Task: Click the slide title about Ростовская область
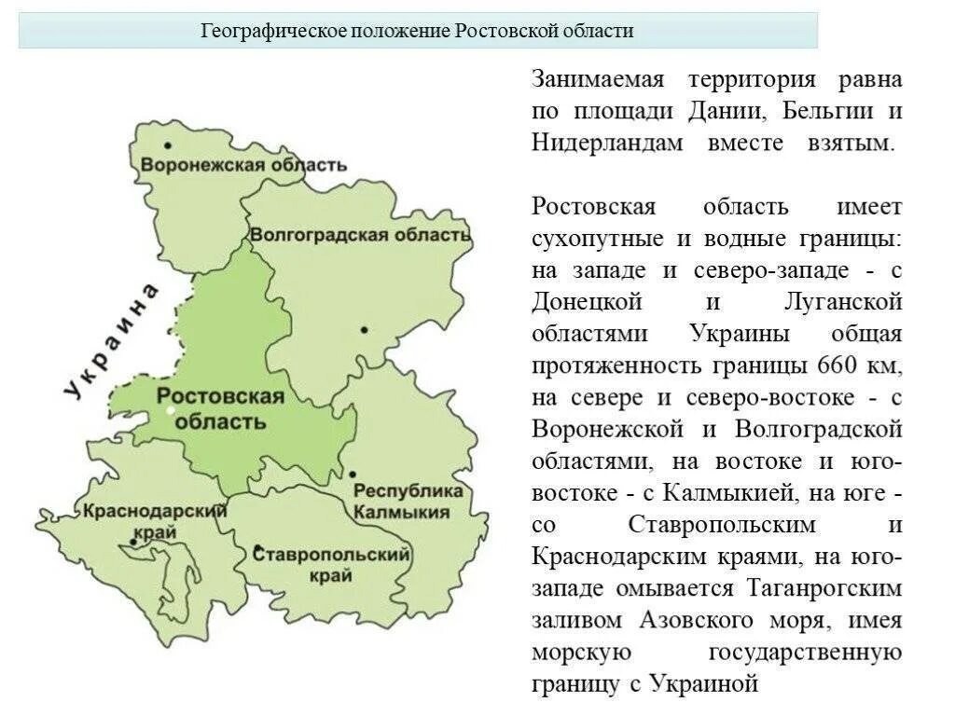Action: click(x=418, y=31)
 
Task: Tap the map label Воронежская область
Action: click(x=243, y=165)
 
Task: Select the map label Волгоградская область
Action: click(x=360, y=233)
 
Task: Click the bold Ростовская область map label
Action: click(x=221, y=408)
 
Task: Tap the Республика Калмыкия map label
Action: click(x=408, y=501)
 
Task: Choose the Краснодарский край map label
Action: click(x=155, y=519)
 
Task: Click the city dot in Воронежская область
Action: click(x=168, y=145)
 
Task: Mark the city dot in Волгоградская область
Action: click(x=364, y=329)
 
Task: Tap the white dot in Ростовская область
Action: click(x=171, y=409)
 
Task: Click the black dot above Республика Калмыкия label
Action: click(x=353, y=474)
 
